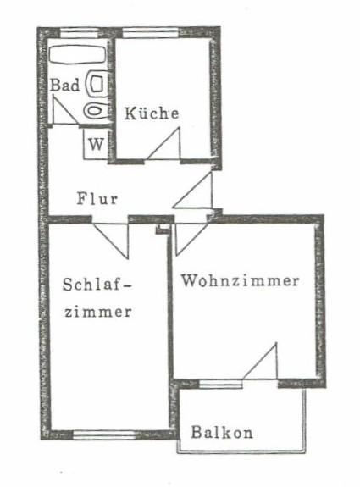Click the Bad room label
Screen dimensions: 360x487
click(x=65, y=85)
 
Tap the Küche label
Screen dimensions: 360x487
click(x=152, y=113)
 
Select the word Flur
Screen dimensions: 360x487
click(x=97, y=199)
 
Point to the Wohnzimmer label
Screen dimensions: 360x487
click(x=241, y=281)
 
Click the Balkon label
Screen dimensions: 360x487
click(x=222, y=432)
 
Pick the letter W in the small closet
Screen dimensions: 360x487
click(x=96, y=144)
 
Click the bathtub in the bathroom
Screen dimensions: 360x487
click(x=77, y=55)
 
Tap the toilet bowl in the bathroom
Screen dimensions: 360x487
click(x=95, y=111)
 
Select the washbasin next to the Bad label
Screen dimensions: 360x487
click(x=97, y=83)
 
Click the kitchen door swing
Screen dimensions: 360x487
click(x=163, y=144)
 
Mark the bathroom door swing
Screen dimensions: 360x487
click(x=65, y=110)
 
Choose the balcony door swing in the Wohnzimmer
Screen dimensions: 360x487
click(x=260, y=361)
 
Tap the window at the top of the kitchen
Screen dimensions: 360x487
click(x=151, y=33)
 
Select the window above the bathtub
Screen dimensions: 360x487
click(x=80, y=33)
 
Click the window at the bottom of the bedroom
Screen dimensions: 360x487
click(x=104, y=434)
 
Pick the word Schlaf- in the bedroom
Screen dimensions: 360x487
click(x=97, y=285)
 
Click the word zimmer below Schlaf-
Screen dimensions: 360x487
click(x=98, y=312)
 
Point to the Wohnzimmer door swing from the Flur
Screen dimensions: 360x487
click(x=190, y=239)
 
